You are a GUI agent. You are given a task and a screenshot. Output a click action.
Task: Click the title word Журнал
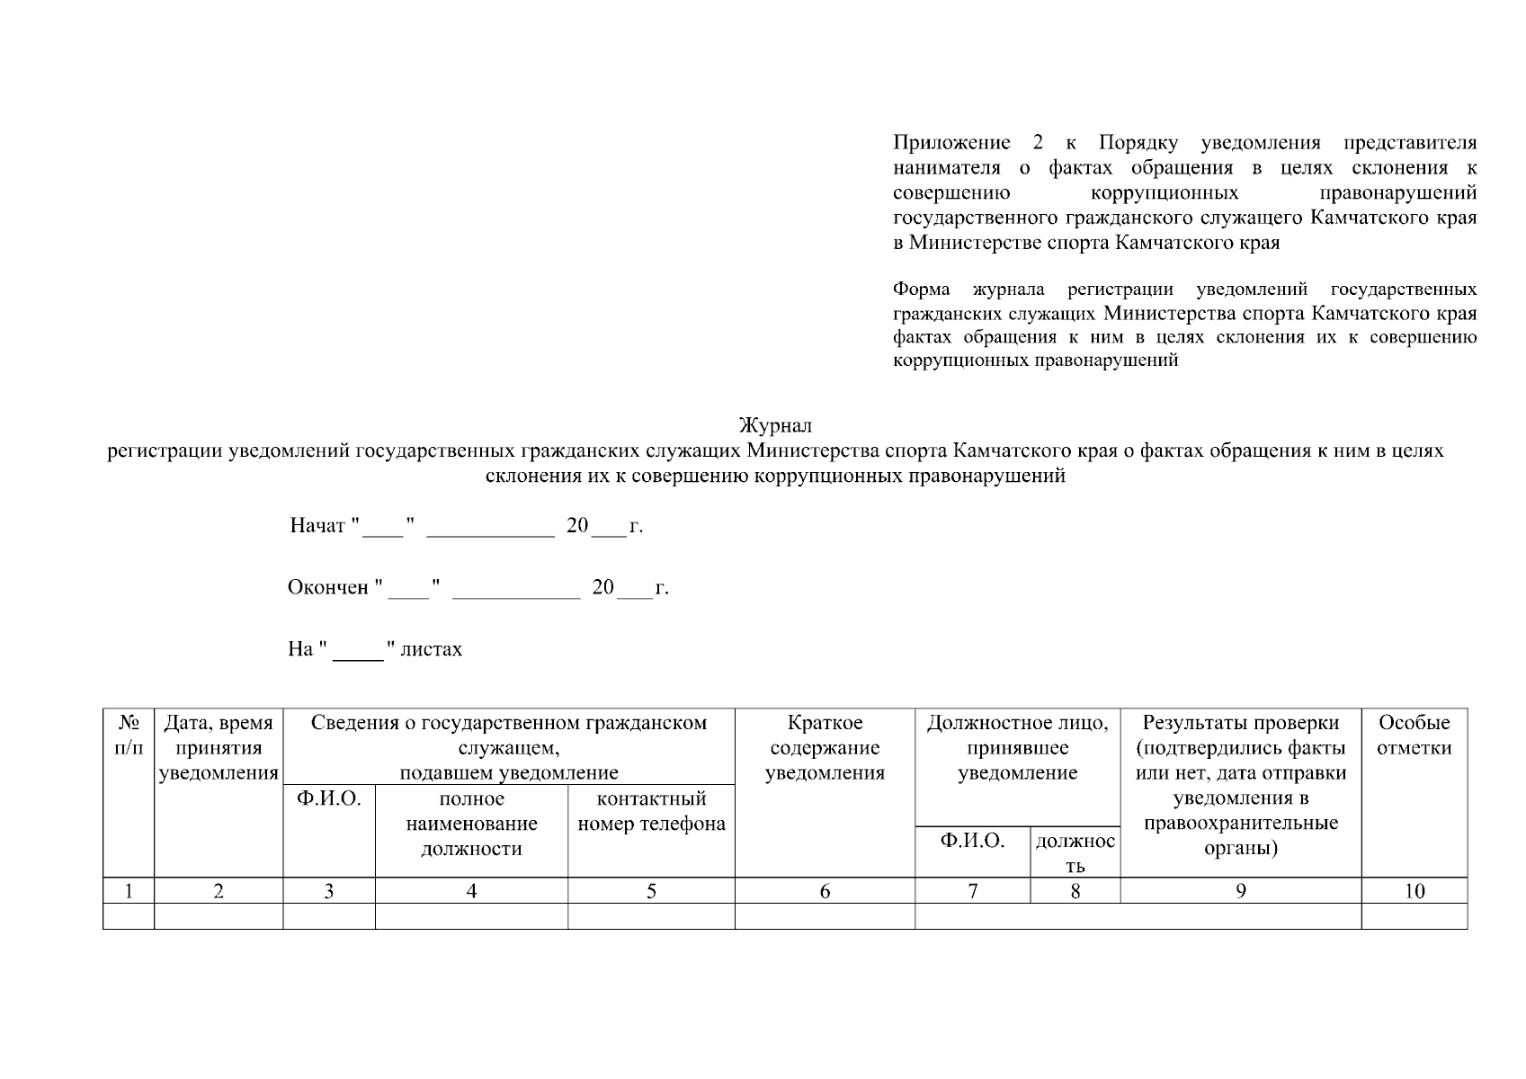pyautogui.click(x=774, y=425)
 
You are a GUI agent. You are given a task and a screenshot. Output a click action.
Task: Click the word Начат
pyautogui.click(x=317, y=526)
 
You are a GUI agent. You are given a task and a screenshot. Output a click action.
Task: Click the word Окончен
pyautogui.click(x=328, y=588)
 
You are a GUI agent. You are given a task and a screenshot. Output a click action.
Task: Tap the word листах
pyautogui.click(x=432, y=649)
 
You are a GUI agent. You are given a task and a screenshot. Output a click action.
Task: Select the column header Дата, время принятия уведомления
pyautogui.click(x=219, y=748)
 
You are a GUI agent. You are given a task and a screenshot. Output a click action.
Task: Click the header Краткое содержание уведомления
pyautogui.click(x=825, y=748)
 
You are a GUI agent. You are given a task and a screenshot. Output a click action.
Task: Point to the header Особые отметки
pyautogui.click(x=1414, y=736)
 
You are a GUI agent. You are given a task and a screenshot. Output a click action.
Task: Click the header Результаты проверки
pyautogui.click(x=1240, y=723)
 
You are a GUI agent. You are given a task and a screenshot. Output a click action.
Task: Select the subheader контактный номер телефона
pyautogui.click(x=651, y=811)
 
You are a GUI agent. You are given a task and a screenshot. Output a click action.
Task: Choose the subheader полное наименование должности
pyautogui.click(x=471, y=824)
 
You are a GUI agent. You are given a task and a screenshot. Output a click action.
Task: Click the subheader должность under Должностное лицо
pyautogui.click(x=1075, y=852)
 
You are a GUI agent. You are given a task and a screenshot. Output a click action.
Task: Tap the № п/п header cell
pyautogui.click(x=129, y=736)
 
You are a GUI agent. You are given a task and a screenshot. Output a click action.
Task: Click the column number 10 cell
pyautogui.click(x=1414, y=891)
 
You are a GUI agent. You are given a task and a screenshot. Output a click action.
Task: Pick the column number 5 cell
pyautogui.click(x=651, y=891)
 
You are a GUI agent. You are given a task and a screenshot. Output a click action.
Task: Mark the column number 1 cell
pyautogui.click(x=129, y=891)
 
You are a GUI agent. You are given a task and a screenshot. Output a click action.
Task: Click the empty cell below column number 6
pyautogui.click(x=825, y=916)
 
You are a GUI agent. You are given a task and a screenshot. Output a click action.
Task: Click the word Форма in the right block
pyautogui.click(x=921, y=290)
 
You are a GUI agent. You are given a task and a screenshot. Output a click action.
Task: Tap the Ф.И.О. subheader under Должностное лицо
pyautogui.click(x=972, y=841)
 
